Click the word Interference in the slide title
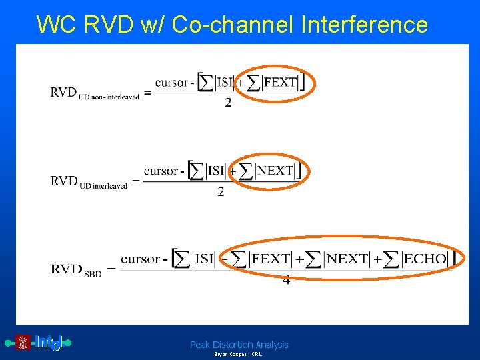click(365, 24)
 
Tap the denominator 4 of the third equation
click(286, 281)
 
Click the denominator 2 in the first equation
click(228, 103)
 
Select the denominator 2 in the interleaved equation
click(221, 192)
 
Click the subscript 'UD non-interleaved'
click(109, 97)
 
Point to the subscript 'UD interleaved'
click(103, 185)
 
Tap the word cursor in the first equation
click(171, 83)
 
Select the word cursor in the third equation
click(140, 259)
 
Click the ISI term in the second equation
click(215, 171)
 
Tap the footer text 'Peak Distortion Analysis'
click(239, 345)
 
